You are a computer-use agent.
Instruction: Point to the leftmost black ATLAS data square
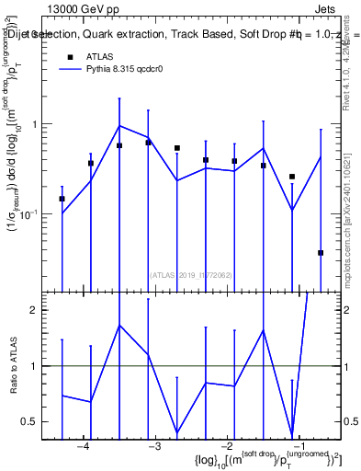click(x=62, y=199)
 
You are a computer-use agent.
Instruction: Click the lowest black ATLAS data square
click(x=321, y=252)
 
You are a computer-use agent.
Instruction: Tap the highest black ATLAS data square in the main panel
click(x=149, y=143)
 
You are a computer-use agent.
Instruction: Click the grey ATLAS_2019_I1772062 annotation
click(x=191, y=273)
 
